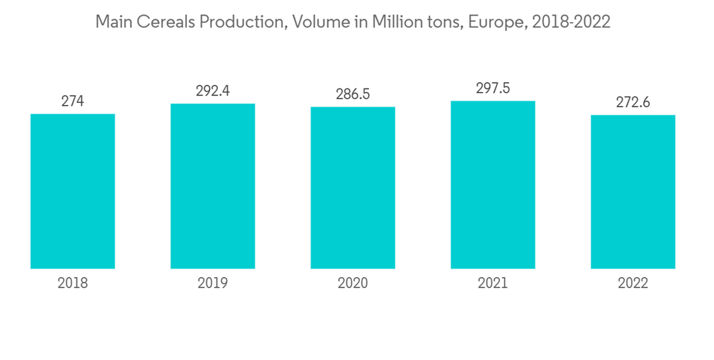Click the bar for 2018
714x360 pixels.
coord(73,191)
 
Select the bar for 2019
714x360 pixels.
coord(213,186)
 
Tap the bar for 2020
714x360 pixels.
coord(353,188)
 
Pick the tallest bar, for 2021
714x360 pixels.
coord(493,184)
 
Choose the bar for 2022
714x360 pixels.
coord(633,191)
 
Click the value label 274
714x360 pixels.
coord(73,101)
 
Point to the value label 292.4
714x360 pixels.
coord(213,91)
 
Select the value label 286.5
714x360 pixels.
coord(353,94)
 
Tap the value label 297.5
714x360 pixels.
coord(493,89)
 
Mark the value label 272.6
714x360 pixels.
coord(633,102)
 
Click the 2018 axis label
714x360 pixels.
coord(73,284)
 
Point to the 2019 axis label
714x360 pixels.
coord(213,284)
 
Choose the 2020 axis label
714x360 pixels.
coord(353,284)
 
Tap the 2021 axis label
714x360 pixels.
coord(493,284)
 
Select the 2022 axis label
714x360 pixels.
coord(633,284)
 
